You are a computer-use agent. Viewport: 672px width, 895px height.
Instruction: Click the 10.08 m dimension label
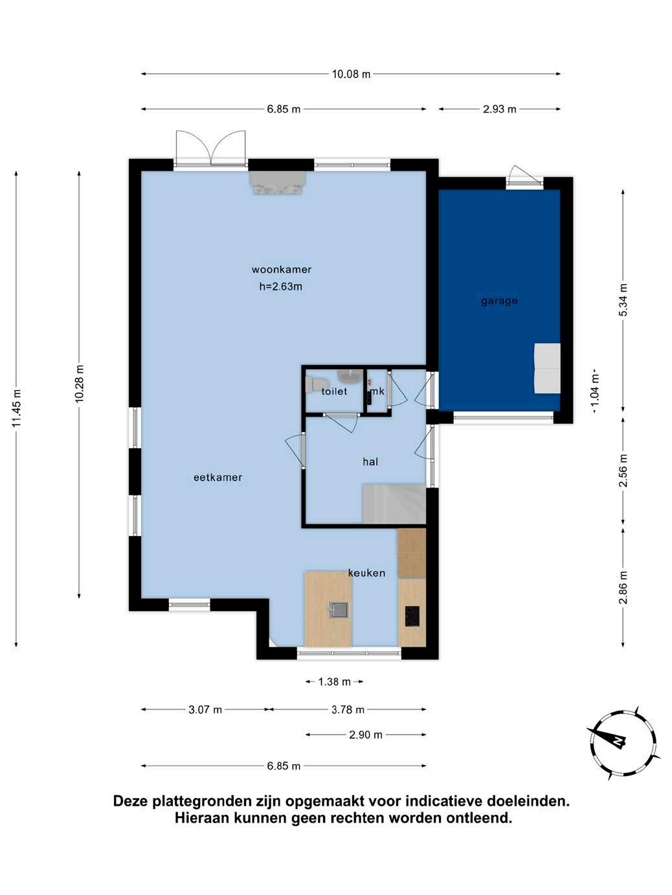pos(351,74)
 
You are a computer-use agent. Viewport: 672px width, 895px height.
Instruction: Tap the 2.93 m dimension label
pos(499,109)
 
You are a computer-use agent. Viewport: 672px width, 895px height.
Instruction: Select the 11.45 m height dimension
pos(16,409)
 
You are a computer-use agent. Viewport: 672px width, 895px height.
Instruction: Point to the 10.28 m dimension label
pos(79,383)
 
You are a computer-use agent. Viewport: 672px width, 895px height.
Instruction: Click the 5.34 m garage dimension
pos(623,299)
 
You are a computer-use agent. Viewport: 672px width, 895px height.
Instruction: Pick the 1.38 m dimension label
pos(334,682)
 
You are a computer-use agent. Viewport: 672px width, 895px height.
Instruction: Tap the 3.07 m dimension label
pos(205,710)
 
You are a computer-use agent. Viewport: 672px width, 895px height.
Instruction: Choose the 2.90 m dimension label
pos(366,735)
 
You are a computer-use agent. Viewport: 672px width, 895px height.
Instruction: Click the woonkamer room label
pos(282,270)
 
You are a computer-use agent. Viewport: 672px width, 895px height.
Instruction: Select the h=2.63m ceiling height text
pos(281,286)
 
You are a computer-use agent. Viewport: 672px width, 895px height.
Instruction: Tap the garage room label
pos(499,301)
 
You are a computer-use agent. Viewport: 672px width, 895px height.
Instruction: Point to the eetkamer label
pos(218,477)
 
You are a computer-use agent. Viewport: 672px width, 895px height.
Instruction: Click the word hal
pos(370,462)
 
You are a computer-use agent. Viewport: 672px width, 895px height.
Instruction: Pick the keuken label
pos(367,573)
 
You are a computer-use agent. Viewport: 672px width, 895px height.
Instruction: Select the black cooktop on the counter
pos(412,616)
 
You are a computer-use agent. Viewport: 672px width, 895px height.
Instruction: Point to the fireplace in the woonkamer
pos(278,182)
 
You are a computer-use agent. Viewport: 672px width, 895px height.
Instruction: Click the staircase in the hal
pos(394,504)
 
